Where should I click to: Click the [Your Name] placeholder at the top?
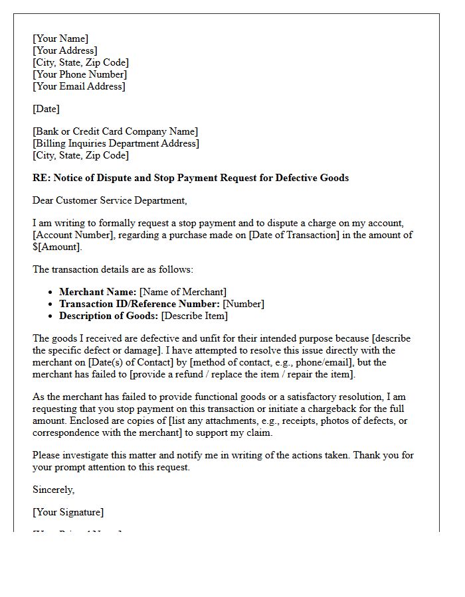point(60,38)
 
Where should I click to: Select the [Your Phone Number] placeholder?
point(79,74)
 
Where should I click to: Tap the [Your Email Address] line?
point(78,86)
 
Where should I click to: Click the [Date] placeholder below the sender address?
point(46,109)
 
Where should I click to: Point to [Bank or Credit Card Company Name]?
point(115,131)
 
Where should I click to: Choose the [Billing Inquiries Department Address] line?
point(116,143)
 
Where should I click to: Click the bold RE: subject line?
point(191,178)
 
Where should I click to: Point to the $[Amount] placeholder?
point(56,247)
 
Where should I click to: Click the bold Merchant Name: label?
point(98,292)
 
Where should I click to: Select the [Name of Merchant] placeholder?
point(183,292)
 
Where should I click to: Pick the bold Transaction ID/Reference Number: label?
point(139,304)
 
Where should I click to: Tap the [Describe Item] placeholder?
point(198,316)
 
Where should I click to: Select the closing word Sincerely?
point(53,490)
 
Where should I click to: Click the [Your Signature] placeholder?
point(68,512)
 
